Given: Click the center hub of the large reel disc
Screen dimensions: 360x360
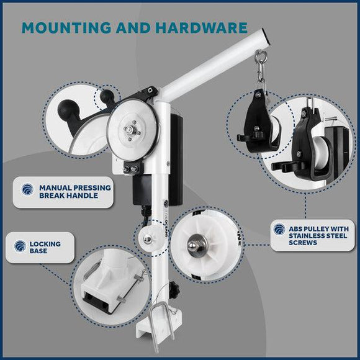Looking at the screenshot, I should (x=129, y=130).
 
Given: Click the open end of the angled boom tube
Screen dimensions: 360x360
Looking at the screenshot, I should (x=268, y=38).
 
